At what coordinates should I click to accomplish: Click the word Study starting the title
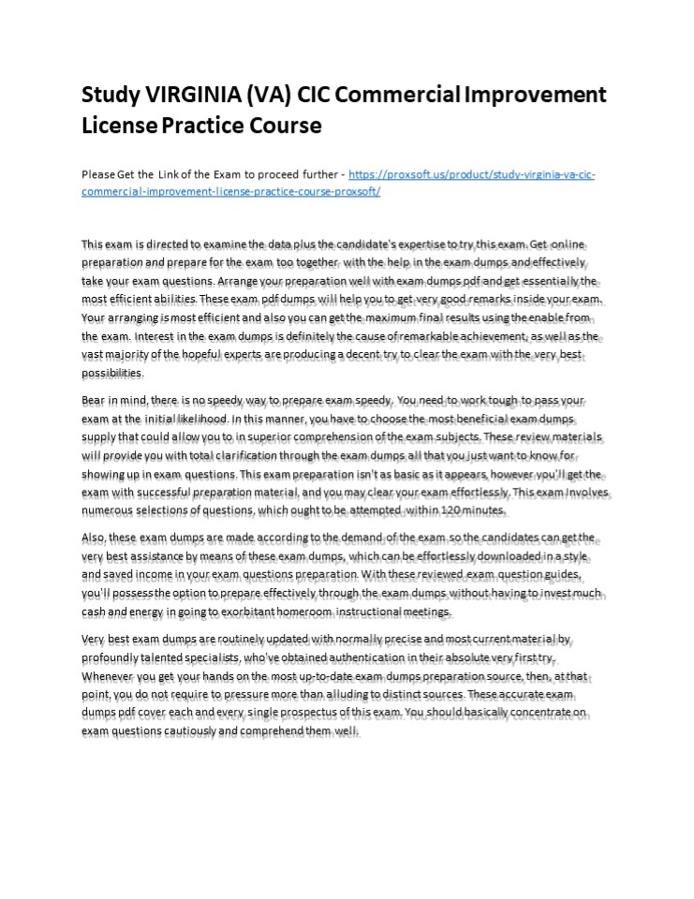(x=107, y=96)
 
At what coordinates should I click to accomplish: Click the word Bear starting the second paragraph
(x=94, y=399)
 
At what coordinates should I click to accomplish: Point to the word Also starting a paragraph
(x=94, y=538)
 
